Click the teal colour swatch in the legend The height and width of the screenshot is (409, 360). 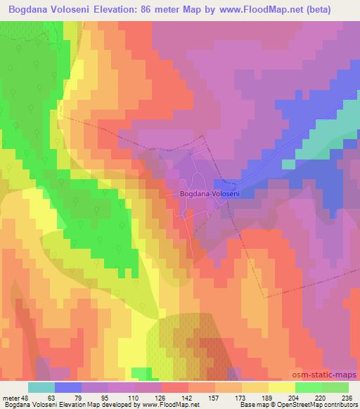pyautogui.click(x=41, y=388)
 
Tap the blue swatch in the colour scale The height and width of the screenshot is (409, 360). pyautogui.click(x=69, y=388)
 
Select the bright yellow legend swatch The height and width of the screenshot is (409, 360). pyautogui.click(x=281, y=388)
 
